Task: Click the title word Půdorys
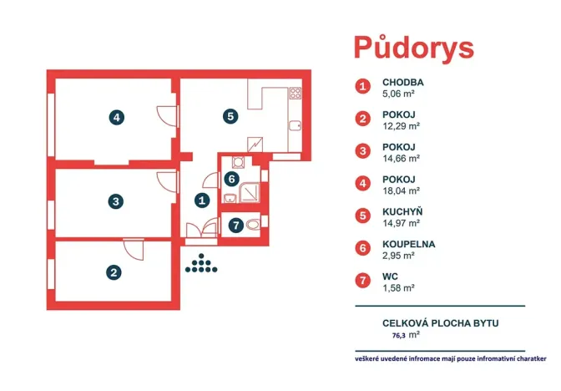pyautogui.click(x=414, y=47)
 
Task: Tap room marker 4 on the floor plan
pyautogui.click(x=118, y=118)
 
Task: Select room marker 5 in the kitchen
pyautogui.click(x=230, y=117)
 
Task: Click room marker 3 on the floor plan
pyautogui.click(x=117, y=201)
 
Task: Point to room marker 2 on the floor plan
pyautogui.click(x=113, y=272)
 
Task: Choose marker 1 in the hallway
pyautogui.click(x=201, y=200)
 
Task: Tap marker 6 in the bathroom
pyautogui.click(x=233, y=177)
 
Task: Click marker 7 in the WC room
pyautogui.click(x=236, y=224)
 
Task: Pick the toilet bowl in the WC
pyautogui.click(x=253, y=223)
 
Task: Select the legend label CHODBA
pyautogui.click(x=403, y=83)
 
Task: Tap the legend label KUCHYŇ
pyautogui.click(x=403, y=212)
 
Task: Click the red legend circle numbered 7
pyautogui.click(x=362, y=281)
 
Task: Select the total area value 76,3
pyautogui.click(x=401, y=334)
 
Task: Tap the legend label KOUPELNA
pyautogui.click(x=408, y=244)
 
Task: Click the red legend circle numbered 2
pyautogui.click(x=362, y=118)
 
